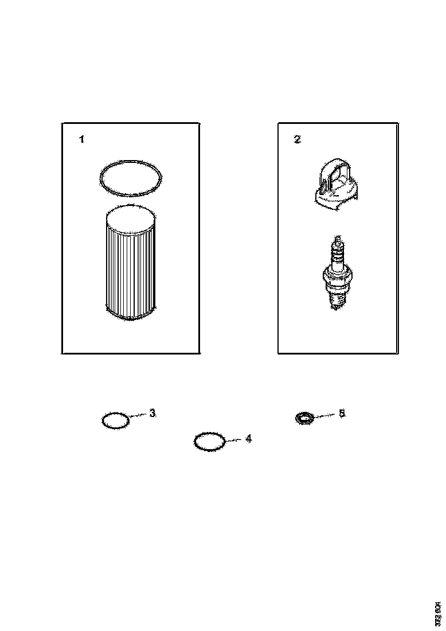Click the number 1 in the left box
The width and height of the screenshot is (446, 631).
point(82,139)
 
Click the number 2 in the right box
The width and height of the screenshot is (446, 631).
point(297,139)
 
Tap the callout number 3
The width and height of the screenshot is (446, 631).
point(152,413)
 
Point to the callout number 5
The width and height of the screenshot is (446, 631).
point(342,413)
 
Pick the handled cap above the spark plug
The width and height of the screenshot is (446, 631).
point(337,186)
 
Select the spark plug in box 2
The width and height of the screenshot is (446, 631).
point(337,272)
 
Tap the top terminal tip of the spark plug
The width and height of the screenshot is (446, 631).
point(338,238)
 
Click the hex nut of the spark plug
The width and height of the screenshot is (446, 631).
point(337,279)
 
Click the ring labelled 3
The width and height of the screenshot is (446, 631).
point(115,420)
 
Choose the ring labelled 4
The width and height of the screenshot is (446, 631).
point(209,442)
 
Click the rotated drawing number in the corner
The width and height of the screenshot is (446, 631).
point(437,613)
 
